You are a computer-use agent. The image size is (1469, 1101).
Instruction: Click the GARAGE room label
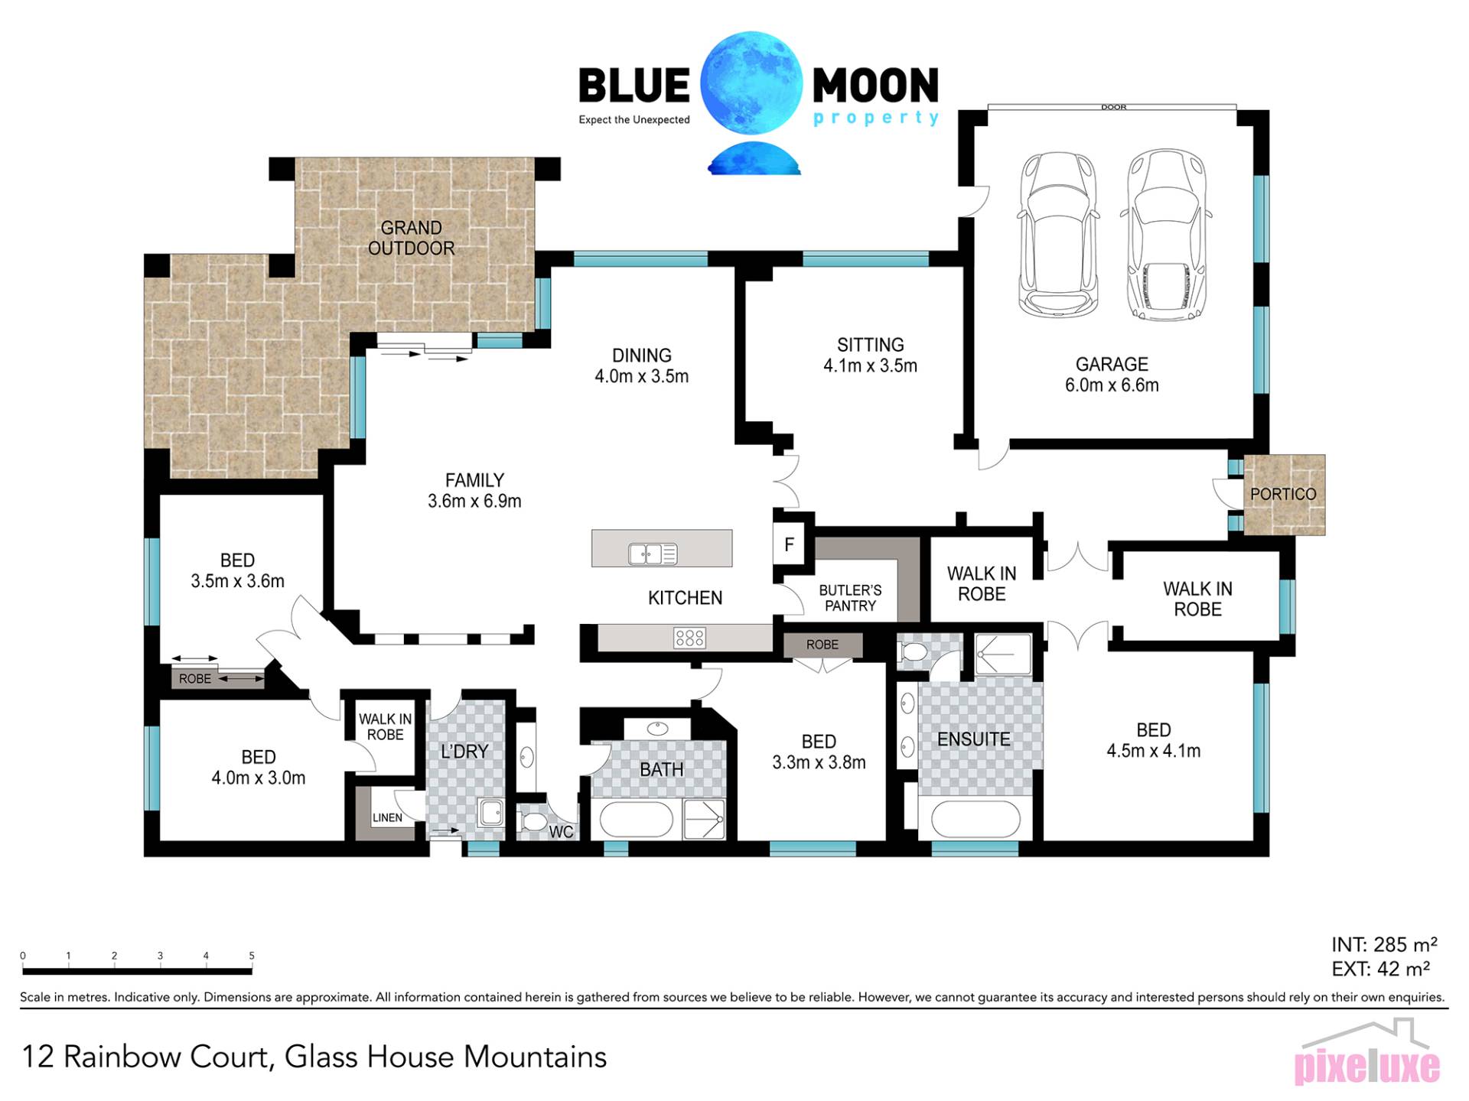1112,364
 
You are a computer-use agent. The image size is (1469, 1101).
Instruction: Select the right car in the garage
1165,235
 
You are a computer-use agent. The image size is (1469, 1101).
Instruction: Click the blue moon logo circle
751,83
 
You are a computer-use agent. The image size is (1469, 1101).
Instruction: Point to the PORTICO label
1283,494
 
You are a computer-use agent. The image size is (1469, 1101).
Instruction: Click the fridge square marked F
789,544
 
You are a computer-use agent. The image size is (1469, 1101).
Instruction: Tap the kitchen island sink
653,553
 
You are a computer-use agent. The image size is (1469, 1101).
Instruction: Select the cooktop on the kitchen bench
689,638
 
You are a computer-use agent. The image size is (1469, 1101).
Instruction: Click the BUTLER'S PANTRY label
850,598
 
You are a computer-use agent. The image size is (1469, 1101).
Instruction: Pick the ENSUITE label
973,739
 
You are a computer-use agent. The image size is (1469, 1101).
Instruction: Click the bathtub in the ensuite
976,819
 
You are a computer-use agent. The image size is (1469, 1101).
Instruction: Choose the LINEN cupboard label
387,817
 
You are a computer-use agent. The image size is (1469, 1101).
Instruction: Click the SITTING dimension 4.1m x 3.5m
870,365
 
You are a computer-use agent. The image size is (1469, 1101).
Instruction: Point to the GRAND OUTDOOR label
412,238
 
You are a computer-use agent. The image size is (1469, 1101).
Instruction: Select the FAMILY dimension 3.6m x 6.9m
474,501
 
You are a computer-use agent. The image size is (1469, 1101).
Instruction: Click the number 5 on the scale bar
252,956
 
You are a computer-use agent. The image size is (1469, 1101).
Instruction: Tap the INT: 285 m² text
1384,945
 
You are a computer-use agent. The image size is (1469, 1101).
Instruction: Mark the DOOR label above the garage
1114,107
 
